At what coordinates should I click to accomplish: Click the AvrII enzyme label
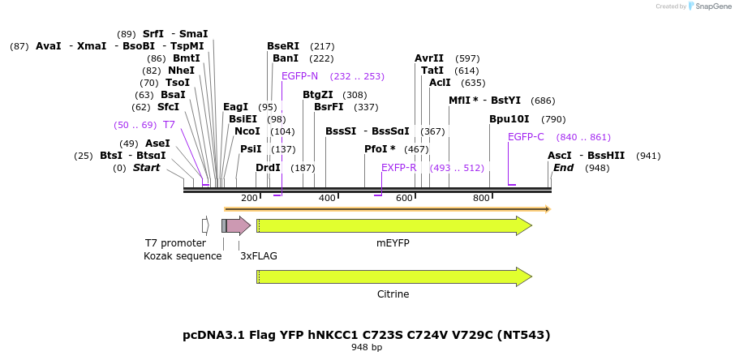pyautogui.click(x=429, y=58)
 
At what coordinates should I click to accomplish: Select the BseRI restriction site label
pyautogui.click(x=283, y=46)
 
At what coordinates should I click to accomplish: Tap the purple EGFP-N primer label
pyautogui.click(x=299, y=76)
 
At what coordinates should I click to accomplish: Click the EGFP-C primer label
pyautogui.click(x=526, y=137)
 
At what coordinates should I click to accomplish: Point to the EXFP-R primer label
pyautogui.click(x=398, y=168)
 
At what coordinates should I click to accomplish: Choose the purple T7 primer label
pyautogui.click(x=169, y=125)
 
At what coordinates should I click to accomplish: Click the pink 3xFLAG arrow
pyautogui.click(x=238, y=225)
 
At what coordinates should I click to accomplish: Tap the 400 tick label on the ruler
pyautogui.click(x=327, y=198)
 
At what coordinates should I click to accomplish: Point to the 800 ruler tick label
pyautogui.click(x=481, y=198)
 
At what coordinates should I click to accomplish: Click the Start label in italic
pyautogui.click(x=147, y=168)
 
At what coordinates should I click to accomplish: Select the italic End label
pyautogui.click(x=564, y=168)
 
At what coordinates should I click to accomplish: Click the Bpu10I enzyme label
pyautogui.click(x=509, y=119)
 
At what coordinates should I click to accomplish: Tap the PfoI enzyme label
pyautogui.click(x=380, y=149)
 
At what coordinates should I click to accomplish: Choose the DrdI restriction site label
pyautogui.click(x=268, y=168)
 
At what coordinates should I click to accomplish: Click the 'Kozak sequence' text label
pyautogui.click(x=183, y=256)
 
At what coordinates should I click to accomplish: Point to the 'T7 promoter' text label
pyautogui.click(x=176, y=243)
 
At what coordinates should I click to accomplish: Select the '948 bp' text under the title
pyautogui.click(x=367, y=348)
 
